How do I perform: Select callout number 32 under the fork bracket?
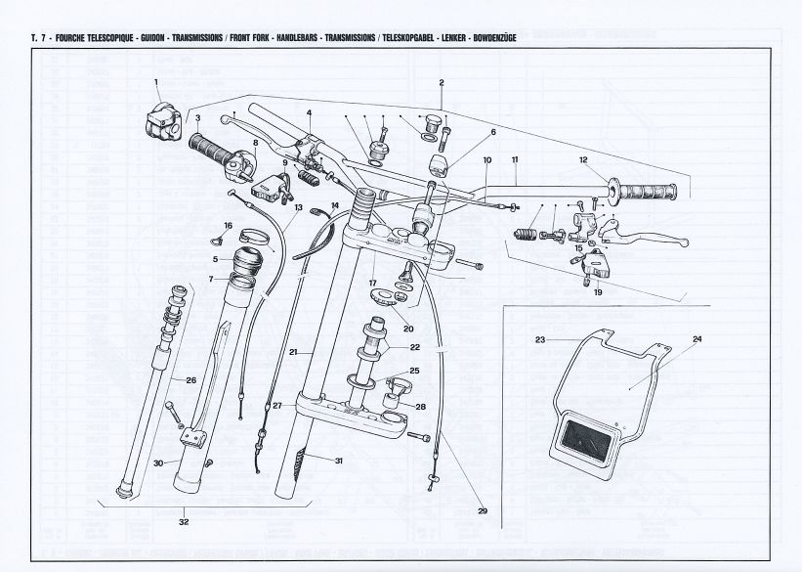184,522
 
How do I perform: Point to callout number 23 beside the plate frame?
539,340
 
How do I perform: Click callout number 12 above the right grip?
583,159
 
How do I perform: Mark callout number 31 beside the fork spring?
338,461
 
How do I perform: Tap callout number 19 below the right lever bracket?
597,291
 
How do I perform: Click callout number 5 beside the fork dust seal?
214,259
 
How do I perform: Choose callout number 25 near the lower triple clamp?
415,371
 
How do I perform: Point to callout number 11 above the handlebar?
514,159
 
